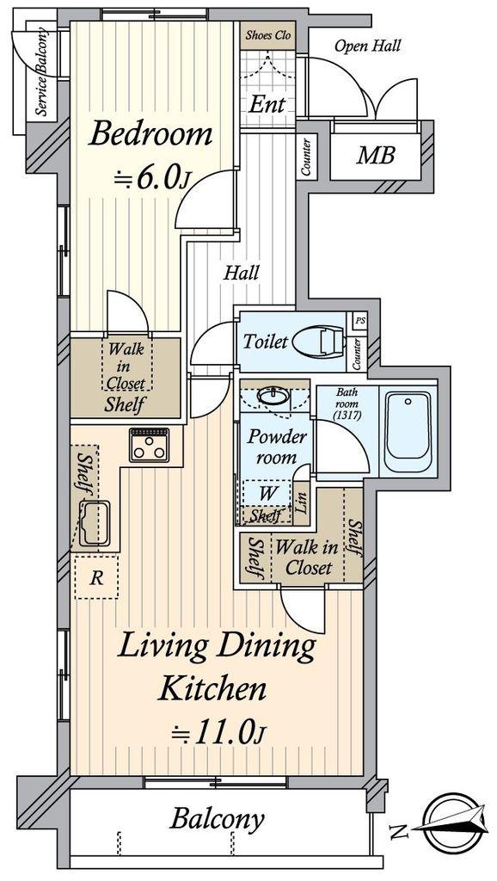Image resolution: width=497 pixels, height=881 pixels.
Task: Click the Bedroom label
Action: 150,135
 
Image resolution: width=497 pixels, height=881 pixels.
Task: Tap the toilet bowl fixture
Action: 318,341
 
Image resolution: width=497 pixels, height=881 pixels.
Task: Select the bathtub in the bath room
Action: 408,431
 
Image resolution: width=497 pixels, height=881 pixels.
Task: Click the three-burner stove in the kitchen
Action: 149,445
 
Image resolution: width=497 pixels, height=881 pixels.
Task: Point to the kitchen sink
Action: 95,523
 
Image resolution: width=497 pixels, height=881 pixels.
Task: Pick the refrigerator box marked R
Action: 96,578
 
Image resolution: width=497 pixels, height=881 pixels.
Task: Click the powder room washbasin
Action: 274,396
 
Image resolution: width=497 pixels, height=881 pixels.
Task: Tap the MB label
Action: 375,155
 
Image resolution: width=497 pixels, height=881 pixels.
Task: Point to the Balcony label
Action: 218,820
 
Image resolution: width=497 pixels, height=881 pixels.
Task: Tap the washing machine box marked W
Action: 267,494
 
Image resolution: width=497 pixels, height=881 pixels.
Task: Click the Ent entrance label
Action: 267,104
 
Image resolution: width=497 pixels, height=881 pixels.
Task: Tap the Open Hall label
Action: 368,46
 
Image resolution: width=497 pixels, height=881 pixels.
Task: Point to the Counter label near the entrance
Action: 306,157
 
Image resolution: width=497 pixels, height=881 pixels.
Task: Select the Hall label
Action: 242,273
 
